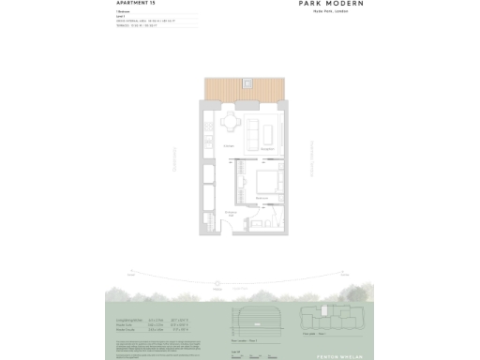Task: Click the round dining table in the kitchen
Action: coord(231,123)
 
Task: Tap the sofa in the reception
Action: coord(255,135)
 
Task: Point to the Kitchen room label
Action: coord(228,147)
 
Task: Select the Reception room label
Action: coord(266,147)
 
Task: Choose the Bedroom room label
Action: coord(263,199)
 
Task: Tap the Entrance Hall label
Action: coord(230,214)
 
